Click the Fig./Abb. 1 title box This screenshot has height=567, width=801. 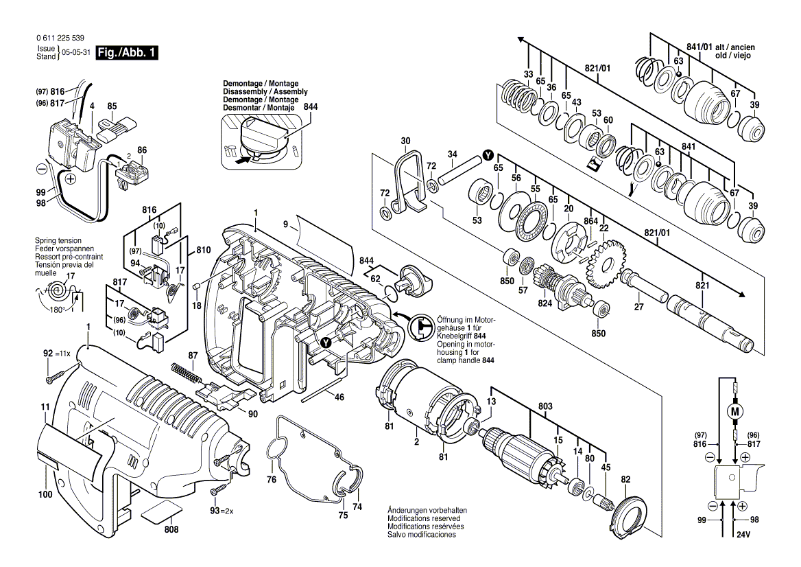(127, 53)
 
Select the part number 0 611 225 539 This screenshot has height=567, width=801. (60, 38)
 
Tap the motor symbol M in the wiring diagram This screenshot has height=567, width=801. (736, 412)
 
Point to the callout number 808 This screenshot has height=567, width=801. (171, 530)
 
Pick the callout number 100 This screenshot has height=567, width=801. (45, 494)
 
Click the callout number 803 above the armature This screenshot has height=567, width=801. (545, 406)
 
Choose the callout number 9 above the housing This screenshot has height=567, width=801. (285, 224)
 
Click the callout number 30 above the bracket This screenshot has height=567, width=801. (405, 141)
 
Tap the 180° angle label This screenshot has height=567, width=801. (57, 310)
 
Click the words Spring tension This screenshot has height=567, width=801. (58, 240)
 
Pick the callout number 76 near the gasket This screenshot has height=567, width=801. (272, 480)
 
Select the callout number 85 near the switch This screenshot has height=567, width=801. (112, 106)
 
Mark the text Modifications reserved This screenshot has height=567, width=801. (424, 518)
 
